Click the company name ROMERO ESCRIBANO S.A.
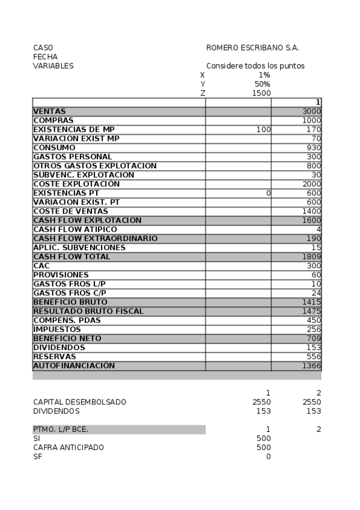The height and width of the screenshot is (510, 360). pyautogui.click(x=252, y=48)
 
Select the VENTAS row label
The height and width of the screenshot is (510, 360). pyautogui.click(x=50, y=111)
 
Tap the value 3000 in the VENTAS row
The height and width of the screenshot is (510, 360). pyautogui.click(x=312, y=111)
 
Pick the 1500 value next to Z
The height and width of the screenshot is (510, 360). pyautogui.click(x=261, y=93)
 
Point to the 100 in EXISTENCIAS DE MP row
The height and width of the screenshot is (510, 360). pyautogui.click(x=263, y=129)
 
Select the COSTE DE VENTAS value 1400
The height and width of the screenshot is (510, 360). pyautogui.click(x=312, y=211)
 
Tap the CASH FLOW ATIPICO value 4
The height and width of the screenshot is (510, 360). pyautogui.click(x=319, y=229)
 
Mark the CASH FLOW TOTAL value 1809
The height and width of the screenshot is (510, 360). pyautogui.click(x=312, y=256)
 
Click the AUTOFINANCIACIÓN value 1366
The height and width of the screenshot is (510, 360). pyautogui.click(x=312, y=365)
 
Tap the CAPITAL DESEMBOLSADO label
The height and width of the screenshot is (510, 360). pyautogui.click(x=80, y=402)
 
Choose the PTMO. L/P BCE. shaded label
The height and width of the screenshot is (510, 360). pyautogui.click(x=65, y=429)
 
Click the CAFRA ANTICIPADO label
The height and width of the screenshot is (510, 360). pyautogui.click(x=69, y=447)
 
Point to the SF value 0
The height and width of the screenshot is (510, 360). pyautogui.click(x=268, y=456)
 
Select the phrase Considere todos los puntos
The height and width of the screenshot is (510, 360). pyautogui.click(x=255, y=66)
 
